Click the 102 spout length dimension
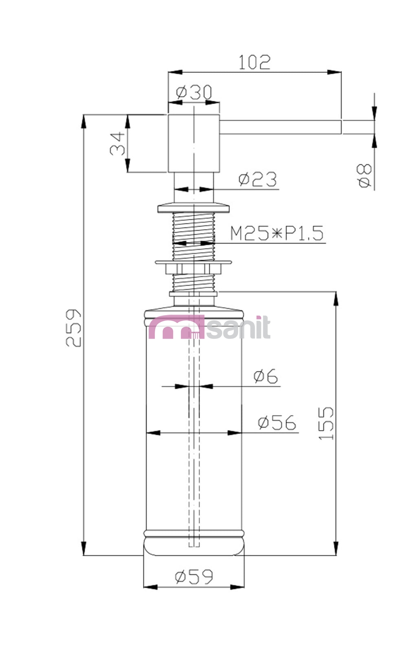254,62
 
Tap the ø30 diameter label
194,92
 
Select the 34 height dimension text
118,144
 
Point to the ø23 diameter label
257,179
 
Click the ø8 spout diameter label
364,175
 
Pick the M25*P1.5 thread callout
277,233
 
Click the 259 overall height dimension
73,328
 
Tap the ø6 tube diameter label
265,376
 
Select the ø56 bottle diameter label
277,422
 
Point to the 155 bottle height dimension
326,423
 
